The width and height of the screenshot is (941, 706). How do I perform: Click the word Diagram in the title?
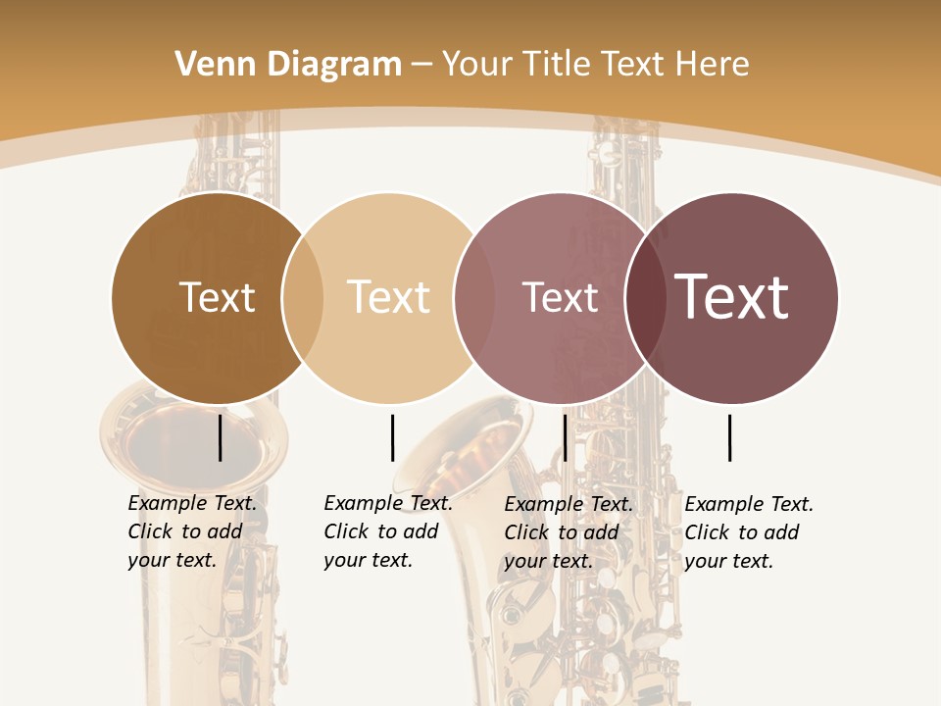pos(334,65)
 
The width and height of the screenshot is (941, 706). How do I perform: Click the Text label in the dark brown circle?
pos(217,297)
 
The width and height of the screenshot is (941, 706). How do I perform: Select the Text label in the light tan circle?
pos(388,297)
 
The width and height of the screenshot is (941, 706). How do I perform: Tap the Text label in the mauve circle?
pos(560,297)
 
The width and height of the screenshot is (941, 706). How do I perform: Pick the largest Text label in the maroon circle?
pos(731,296)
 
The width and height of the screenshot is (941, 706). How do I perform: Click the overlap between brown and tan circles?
pos(303,298)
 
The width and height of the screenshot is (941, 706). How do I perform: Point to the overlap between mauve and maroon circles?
pos(645,298)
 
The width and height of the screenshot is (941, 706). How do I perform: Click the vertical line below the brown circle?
pos(221,437)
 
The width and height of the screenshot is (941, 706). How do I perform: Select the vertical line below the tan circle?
pos(392,437)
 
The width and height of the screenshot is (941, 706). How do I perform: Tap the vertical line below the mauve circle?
pos(565,437)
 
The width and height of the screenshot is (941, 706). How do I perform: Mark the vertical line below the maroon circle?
pos(730,437)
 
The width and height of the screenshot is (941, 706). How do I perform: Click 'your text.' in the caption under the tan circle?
pos(368,560)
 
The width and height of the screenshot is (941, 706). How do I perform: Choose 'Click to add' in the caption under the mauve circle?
pos(561,532)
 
